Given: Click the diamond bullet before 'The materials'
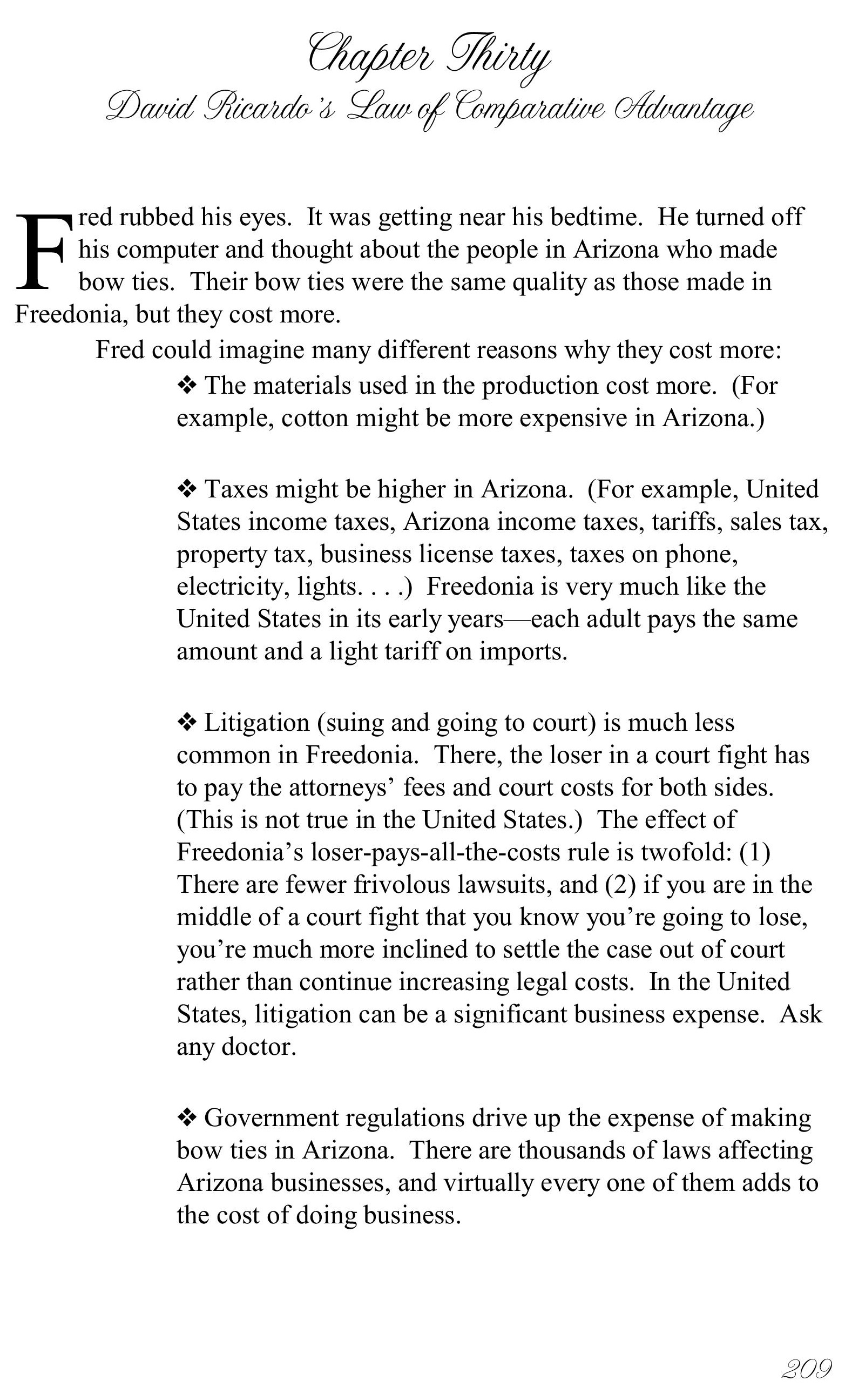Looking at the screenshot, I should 187,386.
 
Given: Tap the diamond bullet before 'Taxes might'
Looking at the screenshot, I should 187,489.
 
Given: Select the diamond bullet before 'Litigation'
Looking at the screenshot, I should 187,722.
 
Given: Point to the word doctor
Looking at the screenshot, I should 259,1046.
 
